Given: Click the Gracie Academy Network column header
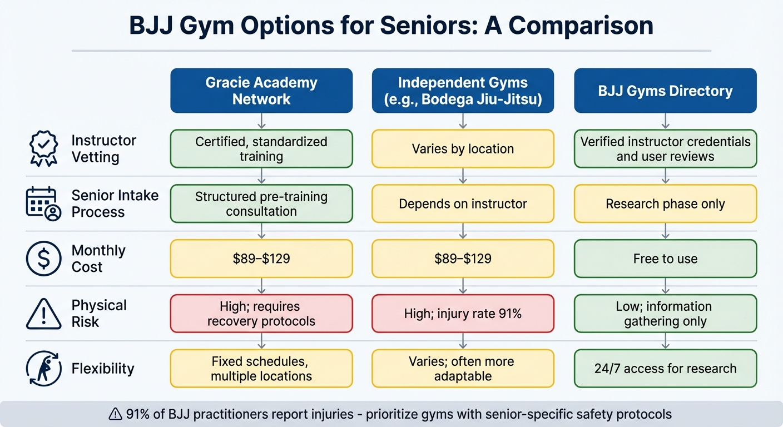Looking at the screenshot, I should click(261, 91).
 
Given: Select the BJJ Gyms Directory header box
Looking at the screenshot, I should click(665, 91).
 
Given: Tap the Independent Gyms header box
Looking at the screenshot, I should click(463, 91).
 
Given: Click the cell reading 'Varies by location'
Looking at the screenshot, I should click(463, 149).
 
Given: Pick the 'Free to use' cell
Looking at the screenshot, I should click(665, 259).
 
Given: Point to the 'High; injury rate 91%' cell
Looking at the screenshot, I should click(463, 314).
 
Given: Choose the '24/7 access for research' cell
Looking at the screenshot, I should click(665, 368).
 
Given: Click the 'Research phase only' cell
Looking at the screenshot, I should click(665, 203).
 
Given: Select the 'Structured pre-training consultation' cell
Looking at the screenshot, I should click(261, 203).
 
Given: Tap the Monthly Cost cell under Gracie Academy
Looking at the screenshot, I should click(261, 259).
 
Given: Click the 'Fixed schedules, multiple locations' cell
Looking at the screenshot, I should click(261, 368).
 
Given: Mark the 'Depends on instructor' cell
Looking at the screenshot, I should click(463, 203).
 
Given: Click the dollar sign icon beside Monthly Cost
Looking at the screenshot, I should click(43, 259).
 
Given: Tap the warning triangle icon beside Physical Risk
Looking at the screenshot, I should click(43, 314).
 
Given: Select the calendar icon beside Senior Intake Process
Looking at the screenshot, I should click(43, 204).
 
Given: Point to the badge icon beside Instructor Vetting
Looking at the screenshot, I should click(43, 148).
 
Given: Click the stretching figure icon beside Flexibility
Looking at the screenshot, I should click(43, 369).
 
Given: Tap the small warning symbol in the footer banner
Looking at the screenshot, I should click(115, 414).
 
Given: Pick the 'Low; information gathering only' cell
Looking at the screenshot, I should click(665, 314).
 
